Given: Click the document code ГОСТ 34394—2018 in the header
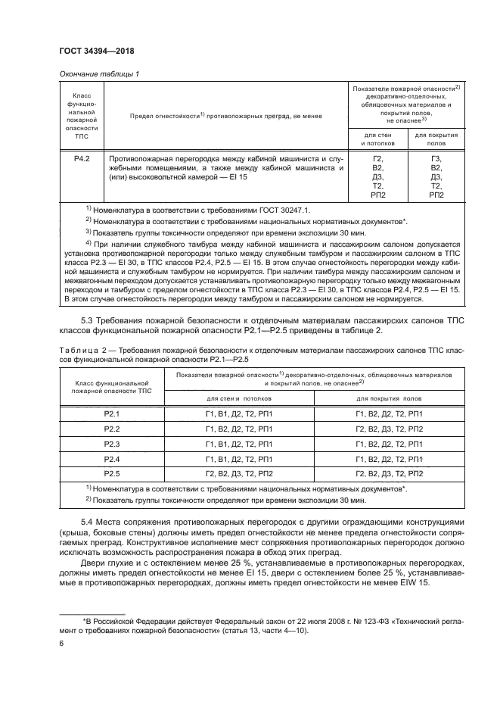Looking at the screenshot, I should [97, 50].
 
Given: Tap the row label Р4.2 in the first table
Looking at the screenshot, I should [82, 159].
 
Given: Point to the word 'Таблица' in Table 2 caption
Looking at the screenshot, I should [75, 349].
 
